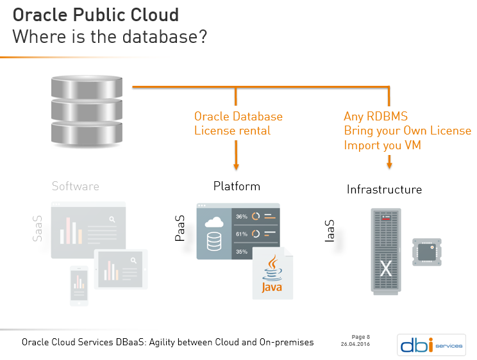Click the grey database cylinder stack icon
click(x=86, y=110)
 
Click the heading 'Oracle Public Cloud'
click(x=96, y=14)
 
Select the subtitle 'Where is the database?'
click(x=110, y=37)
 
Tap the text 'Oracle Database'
click(x=238, y=117)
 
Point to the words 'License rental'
click(x=232, y=131)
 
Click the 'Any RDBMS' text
click(x=376, y=117)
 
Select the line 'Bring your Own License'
click(x=407, y=131)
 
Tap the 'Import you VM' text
click(x=382, y=145)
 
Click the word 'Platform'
click(x=237, y=186)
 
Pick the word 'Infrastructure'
click(x=384, y=190)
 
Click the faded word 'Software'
click(x=76, y=186)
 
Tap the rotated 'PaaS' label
click(x=180, y=229)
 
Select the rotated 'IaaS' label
click(x=330, y=231)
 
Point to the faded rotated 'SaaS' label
click(x=38, y=229)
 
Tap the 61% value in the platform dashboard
click(x=242, y=234)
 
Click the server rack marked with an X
click(x=385, y=250)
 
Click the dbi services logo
click(x=430, y=344)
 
